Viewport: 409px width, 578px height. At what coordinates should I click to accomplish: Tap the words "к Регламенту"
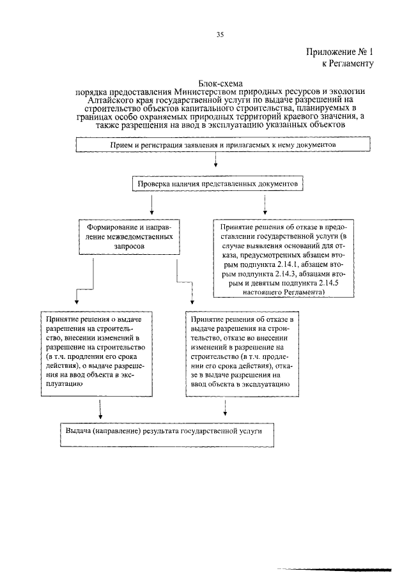pos(346,64)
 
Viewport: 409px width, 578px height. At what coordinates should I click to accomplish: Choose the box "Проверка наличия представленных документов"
pos(217,184)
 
